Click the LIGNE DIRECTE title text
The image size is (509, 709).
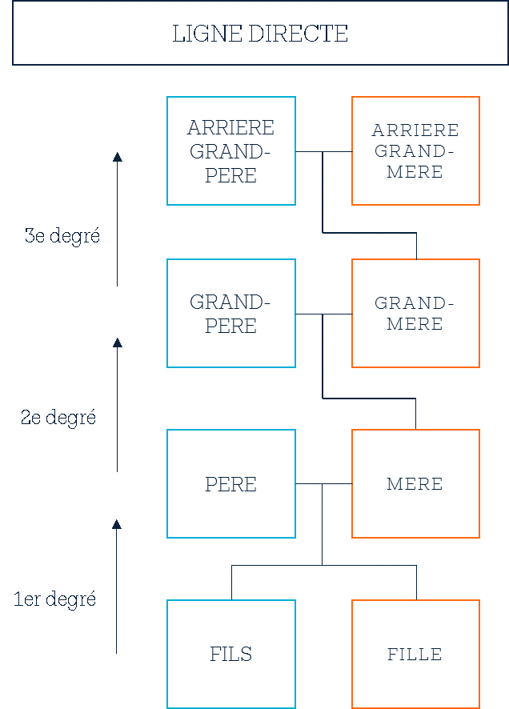point(260,34)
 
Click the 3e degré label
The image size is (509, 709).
point(62,236)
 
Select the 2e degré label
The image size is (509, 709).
point(58,418)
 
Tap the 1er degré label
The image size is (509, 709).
point(54,599)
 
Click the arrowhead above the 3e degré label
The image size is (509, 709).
point(118,157)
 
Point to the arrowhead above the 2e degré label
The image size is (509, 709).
point(118,342)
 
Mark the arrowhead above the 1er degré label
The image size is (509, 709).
point(117,524)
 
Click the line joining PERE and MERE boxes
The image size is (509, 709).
point(323,484)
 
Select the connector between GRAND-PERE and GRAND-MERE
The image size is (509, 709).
point(323,314)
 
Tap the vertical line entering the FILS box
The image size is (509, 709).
point(231,583)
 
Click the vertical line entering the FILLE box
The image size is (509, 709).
point(416,583)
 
